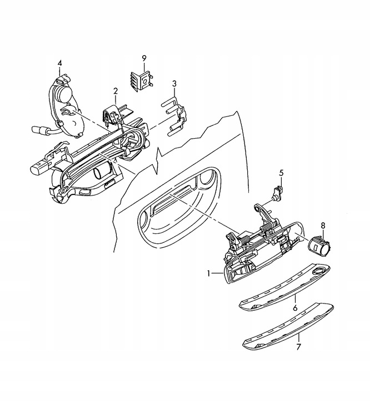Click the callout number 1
pos(209,273)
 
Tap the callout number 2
pos(116,90)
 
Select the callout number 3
pos(174,84)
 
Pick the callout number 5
pos(281,173)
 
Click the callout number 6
pos(295,307)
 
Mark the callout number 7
pos(298,347)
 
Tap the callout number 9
pos(143,58)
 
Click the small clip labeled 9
pos(143,81)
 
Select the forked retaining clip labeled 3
pos(174,114)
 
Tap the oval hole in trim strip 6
pos(320,271)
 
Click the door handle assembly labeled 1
pos(261,251)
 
